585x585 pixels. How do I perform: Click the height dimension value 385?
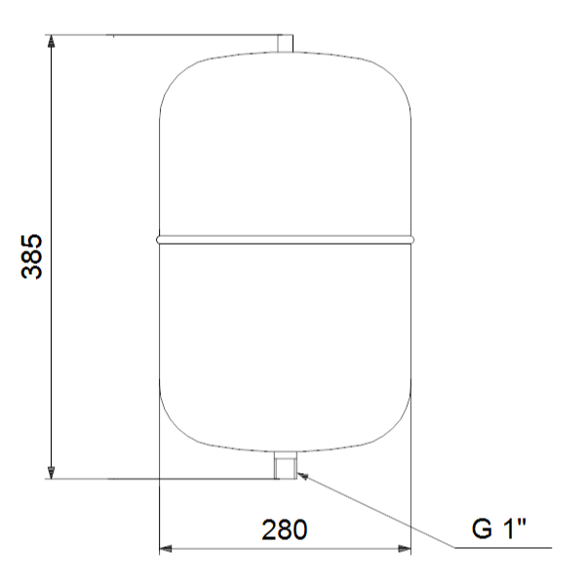pyautogui.click(x=32, y=256)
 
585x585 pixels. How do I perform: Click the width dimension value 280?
pyautogui.click(x=285, y=529)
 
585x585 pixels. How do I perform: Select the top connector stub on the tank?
pyautogui.click(x=285, y=43)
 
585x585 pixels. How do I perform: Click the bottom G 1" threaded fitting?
pyautogui.click(x=286, y=465)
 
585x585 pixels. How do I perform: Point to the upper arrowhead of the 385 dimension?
pyautogui.click(x=51, y=41)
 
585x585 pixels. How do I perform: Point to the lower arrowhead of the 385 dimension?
pyautogui.click(x=51, y=472)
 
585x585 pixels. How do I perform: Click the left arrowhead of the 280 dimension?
pyautogui.click(x=166, y=548)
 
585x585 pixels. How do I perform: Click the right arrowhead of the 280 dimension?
pyautogui.click(x=405, y=548)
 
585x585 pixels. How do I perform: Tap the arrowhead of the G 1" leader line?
pyautogui.click(x=303, y=476)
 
